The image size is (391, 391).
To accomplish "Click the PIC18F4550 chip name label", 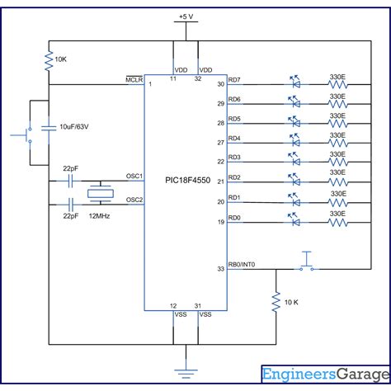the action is [x=188, y=181].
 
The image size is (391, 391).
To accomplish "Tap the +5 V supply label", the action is [x=186, y=16].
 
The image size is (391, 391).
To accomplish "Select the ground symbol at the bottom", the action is [x=186, y=374].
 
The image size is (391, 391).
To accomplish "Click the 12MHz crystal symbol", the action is [x=101, y=194].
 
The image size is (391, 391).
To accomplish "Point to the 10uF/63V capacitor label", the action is [x=74, y=127].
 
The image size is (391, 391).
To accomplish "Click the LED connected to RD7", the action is [x=295, y=82].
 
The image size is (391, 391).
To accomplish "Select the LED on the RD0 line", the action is [x=294, y=219].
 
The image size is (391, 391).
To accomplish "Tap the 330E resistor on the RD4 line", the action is [x=338, y=143].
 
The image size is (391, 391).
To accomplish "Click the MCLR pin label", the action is [x=134, y=80].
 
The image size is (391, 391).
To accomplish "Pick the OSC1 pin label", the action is [x=134, y=176].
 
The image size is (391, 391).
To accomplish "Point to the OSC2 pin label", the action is [x=134, y=200].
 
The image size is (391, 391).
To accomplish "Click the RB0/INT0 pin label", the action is [x=242, y=265].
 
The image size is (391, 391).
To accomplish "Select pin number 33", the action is [x=221, y=269].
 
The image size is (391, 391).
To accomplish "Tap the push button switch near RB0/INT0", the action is [x=307, y=261].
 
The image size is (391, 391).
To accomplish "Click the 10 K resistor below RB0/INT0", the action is [x=276, y=302].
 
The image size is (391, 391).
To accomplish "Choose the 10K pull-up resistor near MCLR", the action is [x=49, y=61].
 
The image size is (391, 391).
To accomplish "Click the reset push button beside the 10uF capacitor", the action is [x=22, y=135].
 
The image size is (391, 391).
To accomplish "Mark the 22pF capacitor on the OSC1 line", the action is [x=70, y=181].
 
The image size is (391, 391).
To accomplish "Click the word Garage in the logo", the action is [x=363, y=375].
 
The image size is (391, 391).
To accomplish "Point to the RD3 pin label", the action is [x=234, y=158].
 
